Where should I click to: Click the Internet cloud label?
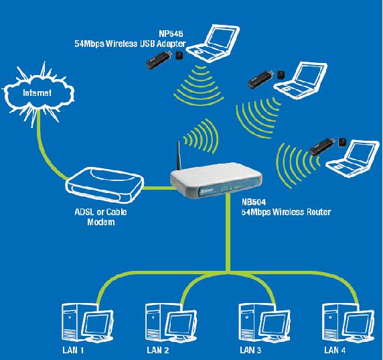pos(37,93)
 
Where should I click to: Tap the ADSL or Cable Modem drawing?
pos(104,185)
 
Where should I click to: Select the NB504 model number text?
pos(254,202)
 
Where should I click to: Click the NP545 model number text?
pos(171,34)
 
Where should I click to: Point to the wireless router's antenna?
pos(179,156)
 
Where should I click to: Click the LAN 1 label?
pos(73,350)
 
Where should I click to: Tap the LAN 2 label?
pos(158,350)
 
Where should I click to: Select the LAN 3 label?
pos(250,350)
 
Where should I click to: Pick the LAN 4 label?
pos(335,350)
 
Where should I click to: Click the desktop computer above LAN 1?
pos(88,322)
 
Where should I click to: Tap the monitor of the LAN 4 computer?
pos(360,324)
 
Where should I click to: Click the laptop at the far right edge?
pos(354,159)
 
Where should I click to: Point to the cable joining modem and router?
pos(157,188)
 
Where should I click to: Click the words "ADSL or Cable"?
pos(100,212)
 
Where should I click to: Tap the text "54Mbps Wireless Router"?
pos(286,212)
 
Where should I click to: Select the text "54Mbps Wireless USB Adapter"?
pos(130,44)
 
